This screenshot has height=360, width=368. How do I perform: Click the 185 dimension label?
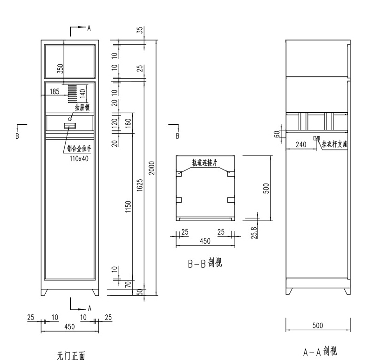click(x=55, y=92)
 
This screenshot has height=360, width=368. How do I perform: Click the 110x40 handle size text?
click(x=78, y=158)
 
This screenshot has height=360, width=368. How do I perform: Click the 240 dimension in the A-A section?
click(x=301, y=145)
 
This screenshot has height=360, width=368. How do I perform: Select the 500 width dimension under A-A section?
click(x=317, y=326)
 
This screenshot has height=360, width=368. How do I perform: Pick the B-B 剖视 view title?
click(x=205, y=263)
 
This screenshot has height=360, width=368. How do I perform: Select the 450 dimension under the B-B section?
click(x=205, y=241)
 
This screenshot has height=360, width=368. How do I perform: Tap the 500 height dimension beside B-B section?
click(x=266, y=188)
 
